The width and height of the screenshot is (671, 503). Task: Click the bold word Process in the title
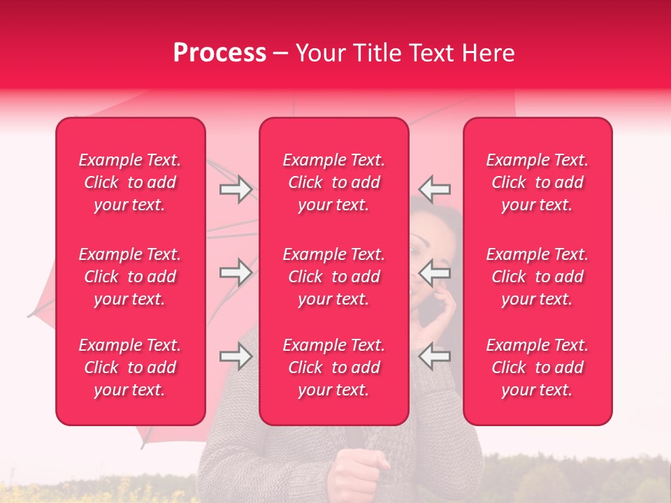[x=219, y=53]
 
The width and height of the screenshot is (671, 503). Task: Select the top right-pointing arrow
[x=236, y=189]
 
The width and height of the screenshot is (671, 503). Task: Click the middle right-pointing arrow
[x=236, y=272]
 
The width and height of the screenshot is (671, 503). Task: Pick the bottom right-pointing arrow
[x=236, y=356]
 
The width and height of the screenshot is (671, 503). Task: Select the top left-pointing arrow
[x=435, y=189]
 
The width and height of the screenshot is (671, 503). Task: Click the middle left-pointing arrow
[x=435, y=272]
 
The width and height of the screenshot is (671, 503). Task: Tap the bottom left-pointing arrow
[x=435, y=356]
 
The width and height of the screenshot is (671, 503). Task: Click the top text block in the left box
[x=130, y=182]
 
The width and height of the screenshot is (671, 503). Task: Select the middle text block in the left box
[x=130, y=277]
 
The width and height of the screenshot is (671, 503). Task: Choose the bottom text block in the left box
[x=130, y=367]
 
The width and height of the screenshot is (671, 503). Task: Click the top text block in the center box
[x=333, y=182]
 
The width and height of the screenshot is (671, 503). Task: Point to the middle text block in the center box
[x=333, y=277]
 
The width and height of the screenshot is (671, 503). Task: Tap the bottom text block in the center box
[x=333, y=367]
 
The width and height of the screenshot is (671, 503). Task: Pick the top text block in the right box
[x=537, y=182]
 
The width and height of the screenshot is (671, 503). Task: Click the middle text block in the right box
[x=537, y=277]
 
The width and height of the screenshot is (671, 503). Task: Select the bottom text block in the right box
[x=537, y=367]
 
